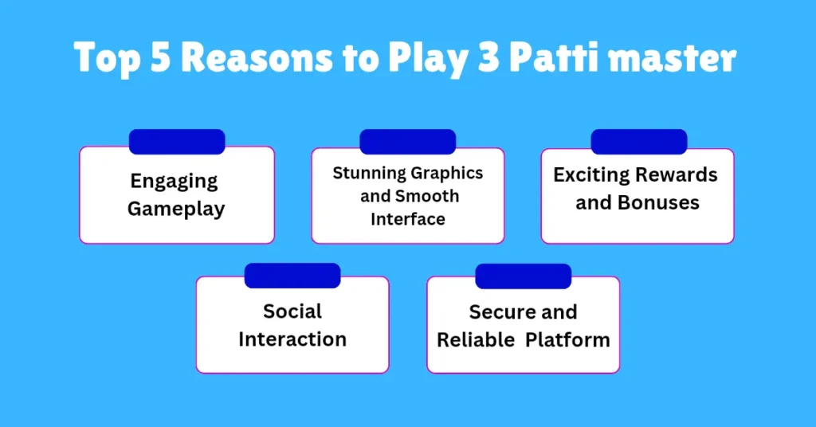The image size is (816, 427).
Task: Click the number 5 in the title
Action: click(x=160, y=57)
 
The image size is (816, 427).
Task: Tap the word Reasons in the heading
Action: click(x=257, y=57)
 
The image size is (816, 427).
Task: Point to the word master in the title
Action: click(x=673, y=58)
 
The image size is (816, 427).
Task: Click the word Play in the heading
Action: click(x=428, y=58)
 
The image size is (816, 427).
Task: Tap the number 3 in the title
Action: click(x=488, y=57)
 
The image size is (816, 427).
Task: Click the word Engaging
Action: click(x=174, y=182)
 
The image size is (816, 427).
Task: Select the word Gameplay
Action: click(x=176, y=210)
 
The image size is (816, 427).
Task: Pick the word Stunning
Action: click(x=370, y=173)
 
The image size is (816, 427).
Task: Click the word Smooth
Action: click(x=427, y=196)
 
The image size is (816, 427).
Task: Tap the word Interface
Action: click(x=408, y=219)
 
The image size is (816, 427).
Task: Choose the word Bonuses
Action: click(x=658, y=203)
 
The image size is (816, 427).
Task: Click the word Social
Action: click(x=292, y=311)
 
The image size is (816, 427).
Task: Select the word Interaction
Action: click(x=292, y=339)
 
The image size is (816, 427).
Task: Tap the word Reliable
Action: click(x=476, y=340)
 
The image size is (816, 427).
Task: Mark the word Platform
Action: click(x=567, y=340)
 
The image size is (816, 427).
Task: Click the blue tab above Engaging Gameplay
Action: click(x=177, y=142)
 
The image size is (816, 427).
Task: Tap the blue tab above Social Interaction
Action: click(x=292, y=276)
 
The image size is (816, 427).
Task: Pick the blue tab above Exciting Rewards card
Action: click(x=639, y=142)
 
